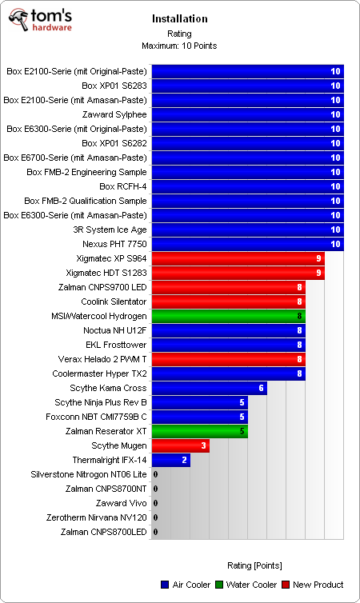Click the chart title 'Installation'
pos(179,18)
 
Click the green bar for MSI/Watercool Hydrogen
pos(228,316)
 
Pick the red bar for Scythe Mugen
pos(180,445)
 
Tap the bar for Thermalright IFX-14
pos(170,460)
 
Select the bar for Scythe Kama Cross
pos(209,388)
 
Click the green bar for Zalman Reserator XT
pos(199,431)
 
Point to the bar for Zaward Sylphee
pos(247,114)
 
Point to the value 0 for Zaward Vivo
pos(155,503)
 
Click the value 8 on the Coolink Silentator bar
pos(300,301)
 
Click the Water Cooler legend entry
pos(246,585)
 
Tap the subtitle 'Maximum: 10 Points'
pos(179,46)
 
